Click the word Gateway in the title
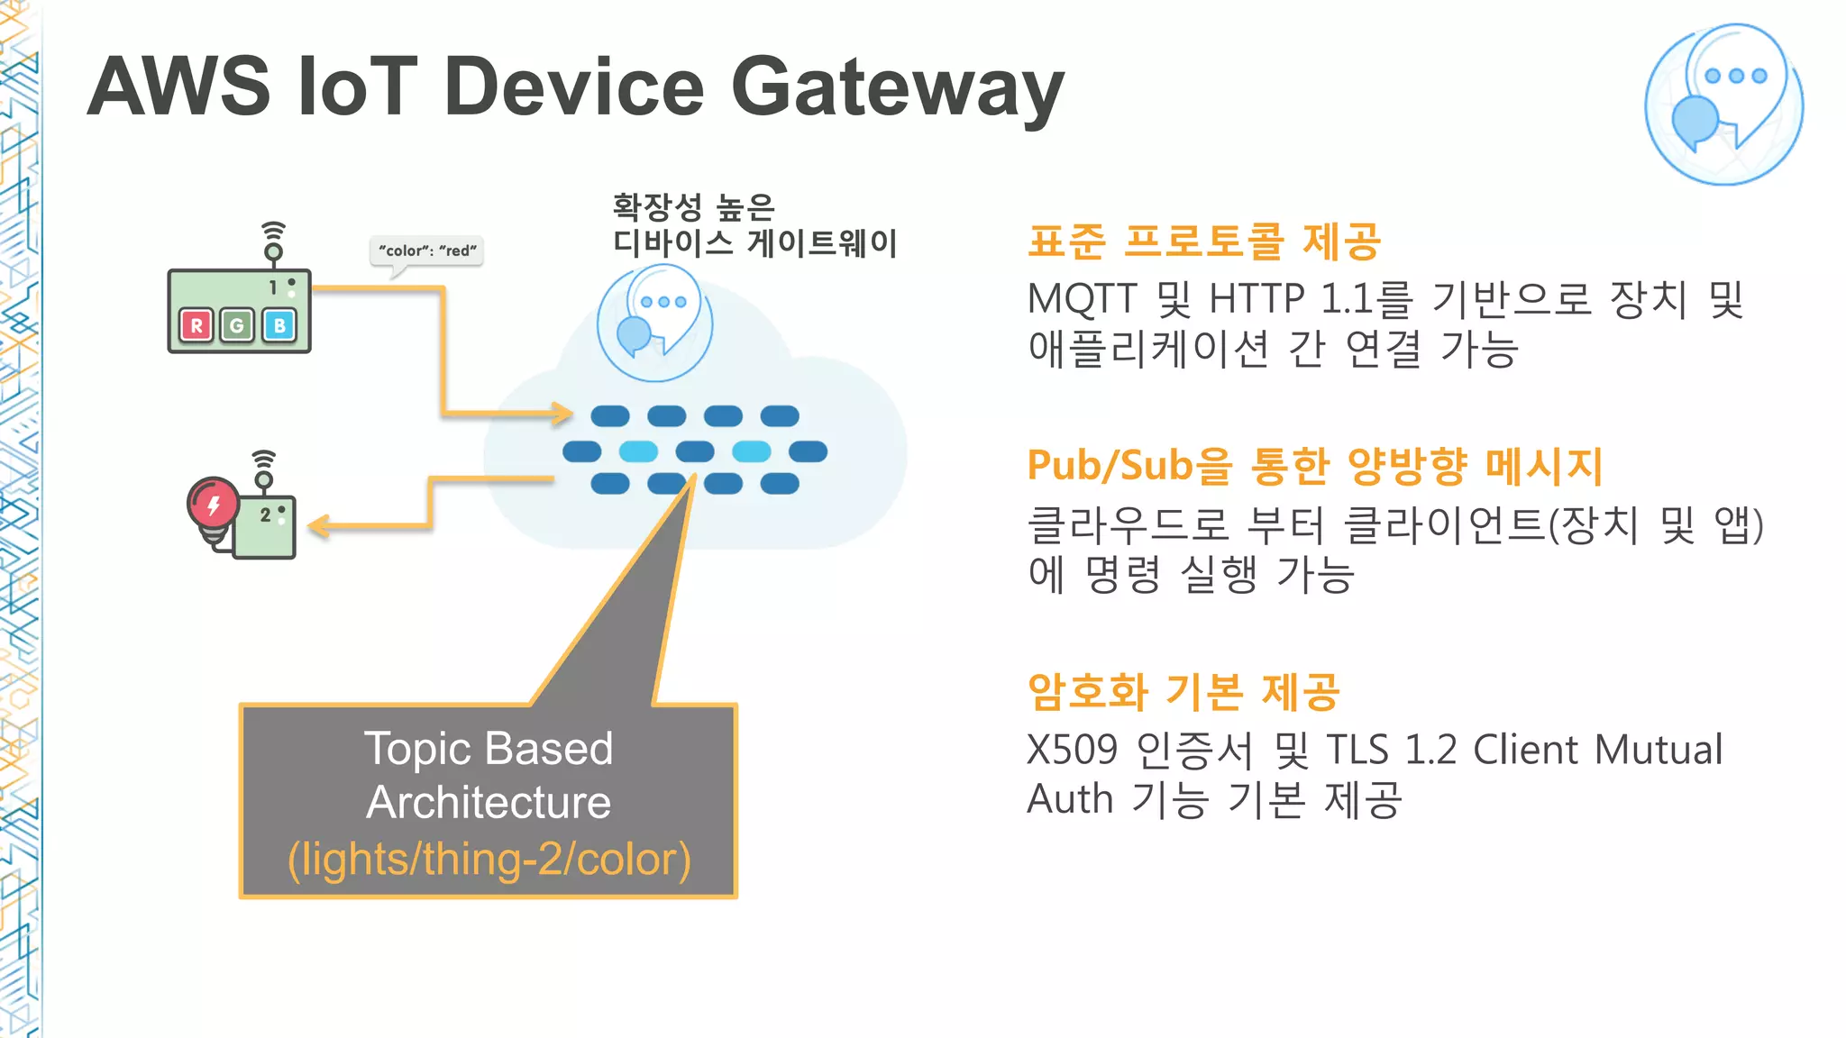[897, 87]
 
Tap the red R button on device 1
[196, 325]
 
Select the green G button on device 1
[238, 325]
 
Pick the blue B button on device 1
[279, 325]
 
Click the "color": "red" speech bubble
[426, 250]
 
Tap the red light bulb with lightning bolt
[213, 505]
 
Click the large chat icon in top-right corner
[1723, 105]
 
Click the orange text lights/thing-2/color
[489, 859]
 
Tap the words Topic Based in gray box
[489, 749]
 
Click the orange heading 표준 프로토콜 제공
[1203, 241]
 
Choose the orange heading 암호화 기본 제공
[1183, 692]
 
